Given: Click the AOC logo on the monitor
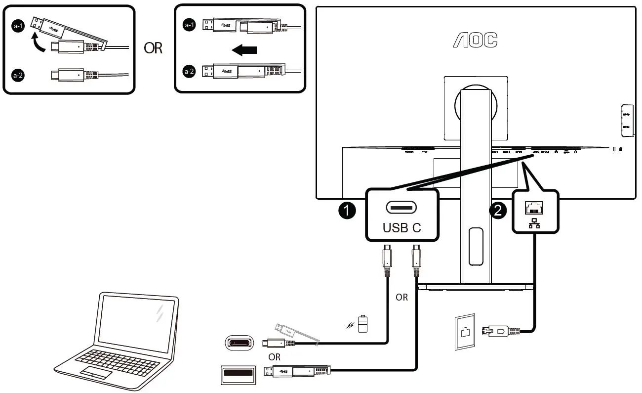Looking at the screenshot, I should tap(475, 41).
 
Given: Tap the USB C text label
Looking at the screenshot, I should tap(401, 228).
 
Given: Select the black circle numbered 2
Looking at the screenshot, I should tap(497, 211).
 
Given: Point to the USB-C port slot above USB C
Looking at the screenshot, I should tap(401, 207).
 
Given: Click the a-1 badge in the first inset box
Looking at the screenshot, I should tap(18, 27).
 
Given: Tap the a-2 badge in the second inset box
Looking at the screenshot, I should tap(189, 72).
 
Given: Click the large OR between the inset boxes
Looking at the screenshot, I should tap(153, 48).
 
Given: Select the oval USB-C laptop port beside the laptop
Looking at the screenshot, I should tap(240, 343).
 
